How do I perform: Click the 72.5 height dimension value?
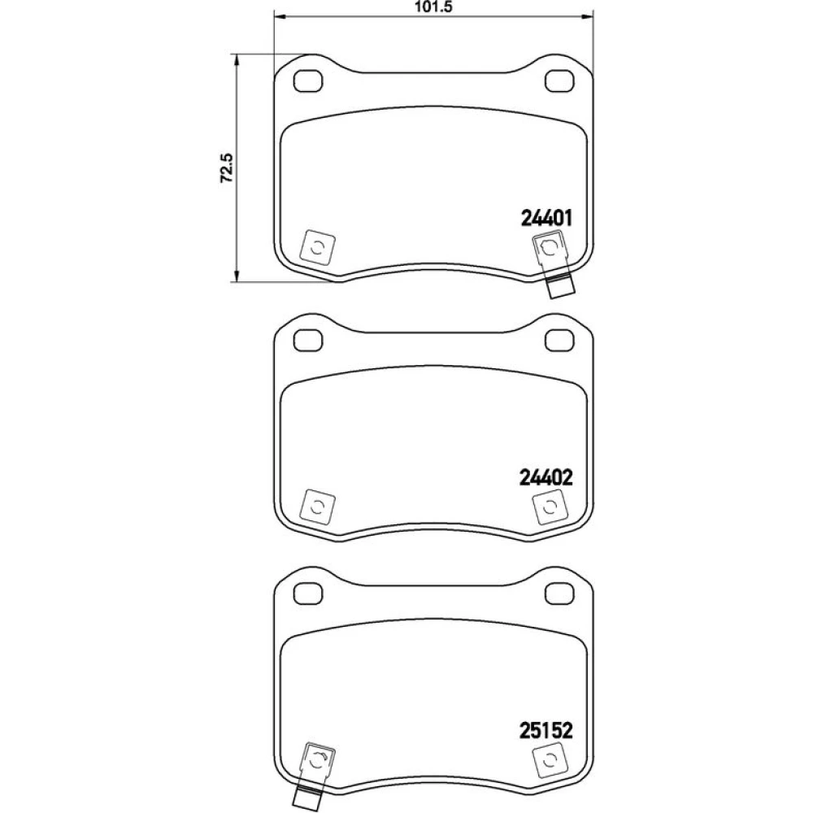pos(227,167)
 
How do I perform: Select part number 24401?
pos(546,218)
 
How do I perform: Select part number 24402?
pos(546,477)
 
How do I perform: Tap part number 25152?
pos(546,731)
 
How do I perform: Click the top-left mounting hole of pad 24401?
pos(308,81)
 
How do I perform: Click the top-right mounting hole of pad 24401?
pos(559,81)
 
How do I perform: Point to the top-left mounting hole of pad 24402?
pos(308,340)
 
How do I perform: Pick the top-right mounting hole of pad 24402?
pos(559,340)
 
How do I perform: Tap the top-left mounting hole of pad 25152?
pos(308,593)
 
